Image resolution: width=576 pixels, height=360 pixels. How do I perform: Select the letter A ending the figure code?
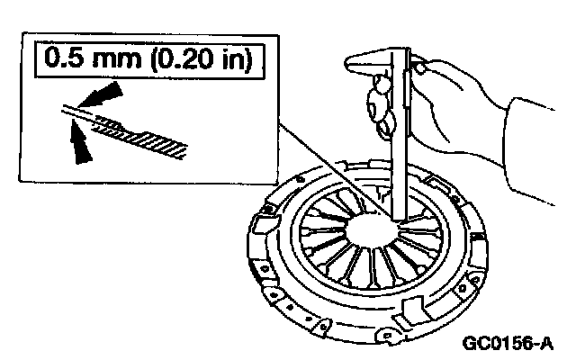click(x=547, y=344)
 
